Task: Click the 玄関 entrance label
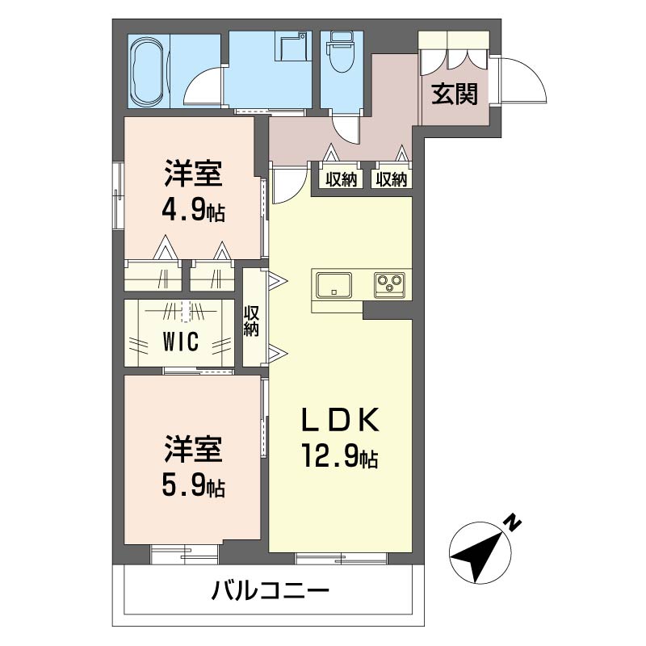tap(455, 94)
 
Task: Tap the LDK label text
tap(340, 420)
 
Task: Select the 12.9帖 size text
tap(340, 455)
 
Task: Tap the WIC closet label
tap(181, 342)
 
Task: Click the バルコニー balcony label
tap(271, 591)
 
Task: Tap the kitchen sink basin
tap(333, 285)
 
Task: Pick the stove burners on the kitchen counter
tap(389, 285)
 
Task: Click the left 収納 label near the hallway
tap(341, 179)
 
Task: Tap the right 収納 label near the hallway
tap(391, 179)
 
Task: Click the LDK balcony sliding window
tap(342, 559)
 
